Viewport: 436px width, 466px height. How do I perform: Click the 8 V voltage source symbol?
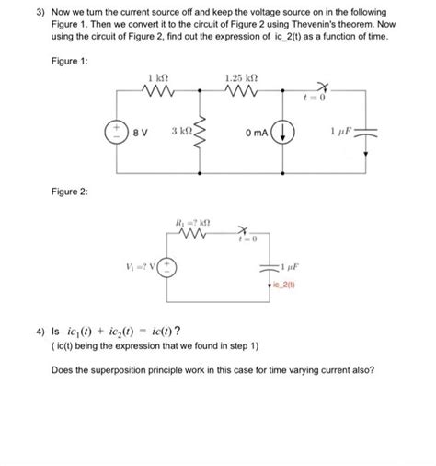pos(118,132)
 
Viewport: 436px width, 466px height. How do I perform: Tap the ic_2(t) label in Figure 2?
pos(287,284)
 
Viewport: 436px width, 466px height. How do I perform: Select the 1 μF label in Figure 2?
pos(288,267)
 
